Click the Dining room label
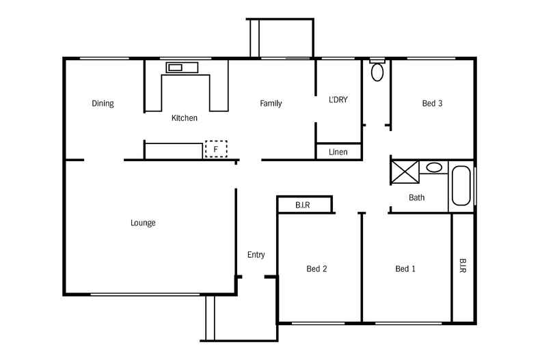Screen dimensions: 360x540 click(x=103, y=104)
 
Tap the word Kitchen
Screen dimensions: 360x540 click(x=184, y=118)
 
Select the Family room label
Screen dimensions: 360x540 click(x=271, y=104)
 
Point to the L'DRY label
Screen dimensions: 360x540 click(x=338, y=100)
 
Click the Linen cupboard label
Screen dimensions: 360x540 click(x=338, y=152)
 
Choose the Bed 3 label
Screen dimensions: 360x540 click(x=432, y=104)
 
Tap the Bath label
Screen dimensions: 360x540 click(x=416, y=198)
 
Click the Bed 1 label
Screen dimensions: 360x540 click(x=405, y=268)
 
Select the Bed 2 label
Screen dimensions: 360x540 click(x=316, y=268)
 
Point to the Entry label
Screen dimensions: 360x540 click(x=256, y=255)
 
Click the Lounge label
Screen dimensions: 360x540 click(x=143, y=223)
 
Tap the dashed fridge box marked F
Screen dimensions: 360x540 click(x=216, y=149)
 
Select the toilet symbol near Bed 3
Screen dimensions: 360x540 click(x=377, y=71)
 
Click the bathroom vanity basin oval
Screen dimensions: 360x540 click(x=433, y=167)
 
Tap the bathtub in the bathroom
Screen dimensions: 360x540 click(x=461, y=186)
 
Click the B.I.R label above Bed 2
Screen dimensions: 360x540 click(x=303, y=204)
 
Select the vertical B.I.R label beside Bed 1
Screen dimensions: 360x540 click(x=463, y=266)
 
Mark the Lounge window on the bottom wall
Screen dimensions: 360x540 click(x=147, y=295)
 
